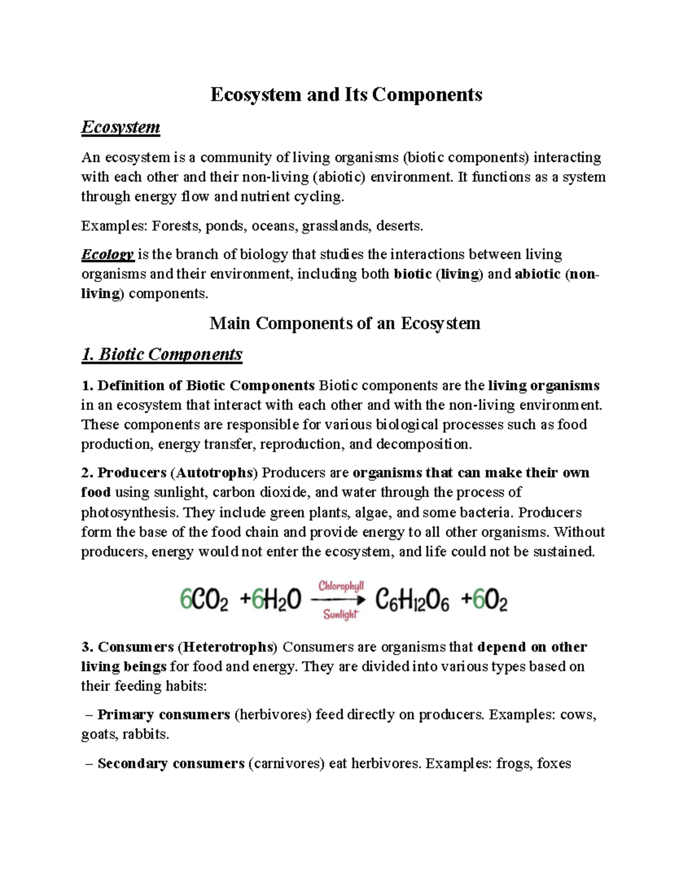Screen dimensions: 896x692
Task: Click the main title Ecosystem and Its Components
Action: (x=346, y=94)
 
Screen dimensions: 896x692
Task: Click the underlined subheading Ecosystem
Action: (x=121, y=127)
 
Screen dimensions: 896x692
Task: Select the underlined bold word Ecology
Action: (x=108, y=254)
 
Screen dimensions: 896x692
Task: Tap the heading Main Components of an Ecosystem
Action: (x=345, y=323)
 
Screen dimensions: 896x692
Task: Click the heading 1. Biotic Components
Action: (x=161, y=354)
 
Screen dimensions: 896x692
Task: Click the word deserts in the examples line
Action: (x=399, y=226)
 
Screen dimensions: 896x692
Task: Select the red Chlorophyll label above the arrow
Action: (x=341, y=586)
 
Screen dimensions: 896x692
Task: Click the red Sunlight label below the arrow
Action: (x=341, y=614)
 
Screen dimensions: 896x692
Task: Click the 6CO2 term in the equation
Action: (x=204, y=601)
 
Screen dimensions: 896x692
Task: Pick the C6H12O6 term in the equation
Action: (x=412, y=601)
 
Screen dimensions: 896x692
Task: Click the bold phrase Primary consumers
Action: (x=164, y=715)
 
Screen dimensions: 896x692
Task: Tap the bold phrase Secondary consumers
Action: (x=171, y=764)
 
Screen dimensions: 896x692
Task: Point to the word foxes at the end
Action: (x=554, y=764)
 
